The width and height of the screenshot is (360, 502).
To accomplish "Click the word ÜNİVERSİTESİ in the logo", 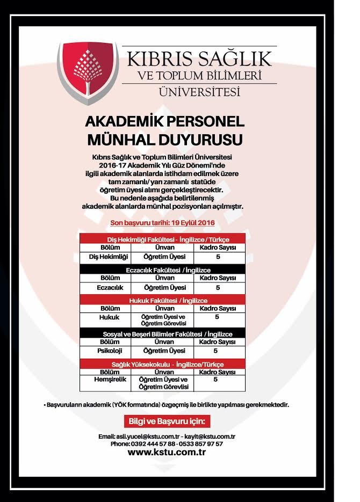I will tap(199, 91).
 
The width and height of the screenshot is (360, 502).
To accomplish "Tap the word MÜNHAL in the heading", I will tap(121, 140).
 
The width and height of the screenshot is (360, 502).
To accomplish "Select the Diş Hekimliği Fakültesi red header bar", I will tap(162, 239).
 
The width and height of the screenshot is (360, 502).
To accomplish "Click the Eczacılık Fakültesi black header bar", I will tap(162, 270).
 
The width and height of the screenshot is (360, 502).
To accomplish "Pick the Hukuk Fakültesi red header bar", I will tap(162, 301).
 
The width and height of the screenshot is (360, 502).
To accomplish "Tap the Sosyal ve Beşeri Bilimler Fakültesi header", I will tap(162, 333).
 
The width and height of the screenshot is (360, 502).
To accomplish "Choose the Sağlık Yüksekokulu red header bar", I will tap(162, 364).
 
